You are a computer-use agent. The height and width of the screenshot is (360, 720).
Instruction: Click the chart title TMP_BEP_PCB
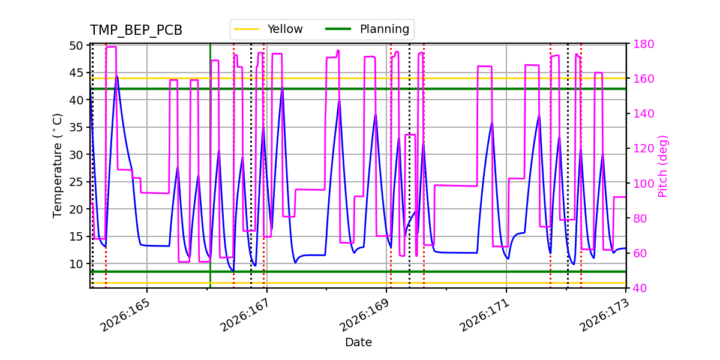pyautogui.click(x=136, y=30)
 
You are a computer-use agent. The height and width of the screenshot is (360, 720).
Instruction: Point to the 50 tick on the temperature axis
pyautogui.click(x=76, y=46)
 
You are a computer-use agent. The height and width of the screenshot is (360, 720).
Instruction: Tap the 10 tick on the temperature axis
pyautogui.click(x=76, y=264)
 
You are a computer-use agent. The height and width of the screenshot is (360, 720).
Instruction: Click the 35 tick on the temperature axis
pyautogui.click(x=76, y=127)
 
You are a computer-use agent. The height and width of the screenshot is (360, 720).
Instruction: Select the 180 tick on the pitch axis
pyautogui.click(x=643, y=44)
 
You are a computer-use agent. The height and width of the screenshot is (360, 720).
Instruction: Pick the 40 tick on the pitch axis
pyautogui.click(x=640, y=288)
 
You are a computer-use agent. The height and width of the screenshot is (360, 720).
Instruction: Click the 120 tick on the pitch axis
pyautogui.click(x=643, y=149)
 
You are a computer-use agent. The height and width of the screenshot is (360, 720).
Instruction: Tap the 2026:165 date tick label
pyautogui.click(x=125, y=315)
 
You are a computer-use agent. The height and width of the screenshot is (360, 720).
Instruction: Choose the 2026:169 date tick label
pyautogui.click(x=364, y=315)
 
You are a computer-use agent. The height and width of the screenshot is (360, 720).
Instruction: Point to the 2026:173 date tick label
pyautogui.click(x=604, y=315)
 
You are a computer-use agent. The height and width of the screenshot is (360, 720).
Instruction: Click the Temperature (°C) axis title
pyautogui.click(x=57, y=166)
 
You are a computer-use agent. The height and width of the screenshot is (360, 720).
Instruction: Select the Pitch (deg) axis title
pyautogui.click(x=663, y=166)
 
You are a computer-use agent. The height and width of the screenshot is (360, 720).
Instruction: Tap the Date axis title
pyautogui.click(x=358, y=343)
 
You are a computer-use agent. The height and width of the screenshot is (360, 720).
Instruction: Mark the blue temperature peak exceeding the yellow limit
pyautogui.click(x=117, y=77)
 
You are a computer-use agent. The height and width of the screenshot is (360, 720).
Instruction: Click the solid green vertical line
pyautogui.click(x=210, y=166)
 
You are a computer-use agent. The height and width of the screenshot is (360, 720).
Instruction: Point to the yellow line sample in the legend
pyautogui.click(x=247, y=29)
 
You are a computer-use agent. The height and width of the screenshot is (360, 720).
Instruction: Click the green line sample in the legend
pyautogui.click(x=338, y=29)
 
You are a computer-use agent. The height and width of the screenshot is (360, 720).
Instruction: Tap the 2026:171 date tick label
pyautogui.click(x=484, y=315)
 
